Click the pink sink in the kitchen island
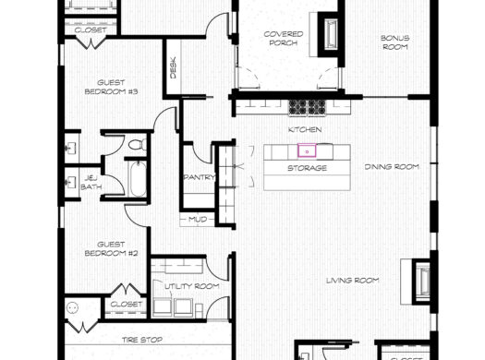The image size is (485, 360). pos(304,150)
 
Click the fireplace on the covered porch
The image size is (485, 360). pos(328,32)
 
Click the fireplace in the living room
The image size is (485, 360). pos(418,281)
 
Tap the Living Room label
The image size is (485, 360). pos(354,281)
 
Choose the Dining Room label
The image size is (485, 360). pos(392,167)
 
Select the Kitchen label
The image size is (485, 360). pos(304,132)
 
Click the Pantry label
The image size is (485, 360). pos(200,177)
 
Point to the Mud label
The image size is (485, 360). pos(199,220)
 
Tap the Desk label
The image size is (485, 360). pos(173,67)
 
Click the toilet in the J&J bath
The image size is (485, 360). pos(136,145)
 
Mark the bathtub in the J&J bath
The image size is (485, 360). pos(137,179)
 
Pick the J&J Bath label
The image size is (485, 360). pos(91,182)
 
